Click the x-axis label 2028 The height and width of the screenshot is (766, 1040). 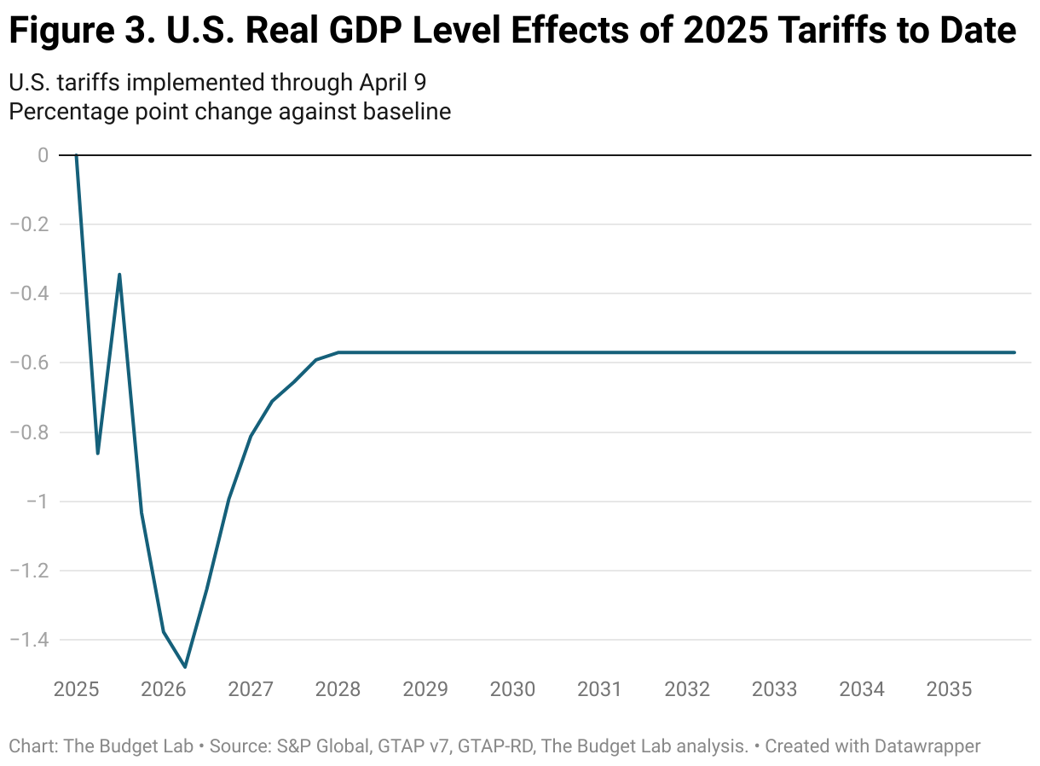point(338,689)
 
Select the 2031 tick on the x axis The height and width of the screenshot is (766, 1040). point(600,689)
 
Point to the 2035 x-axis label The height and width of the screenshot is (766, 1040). point(949,689)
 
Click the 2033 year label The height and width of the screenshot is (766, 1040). point(775,689)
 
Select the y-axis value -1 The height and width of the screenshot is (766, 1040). point(36,502)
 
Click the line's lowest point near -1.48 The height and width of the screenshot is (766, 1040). point(185,666)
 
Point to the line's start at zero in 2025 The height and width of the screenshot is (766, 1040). point(76,155)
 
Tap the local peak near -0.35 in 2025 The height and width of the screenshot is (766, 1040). point(119,275)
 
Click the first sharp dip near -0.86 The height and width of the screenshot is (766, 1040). point(98,453)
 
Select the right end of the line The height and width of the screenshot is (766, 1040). point(1014,352)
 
